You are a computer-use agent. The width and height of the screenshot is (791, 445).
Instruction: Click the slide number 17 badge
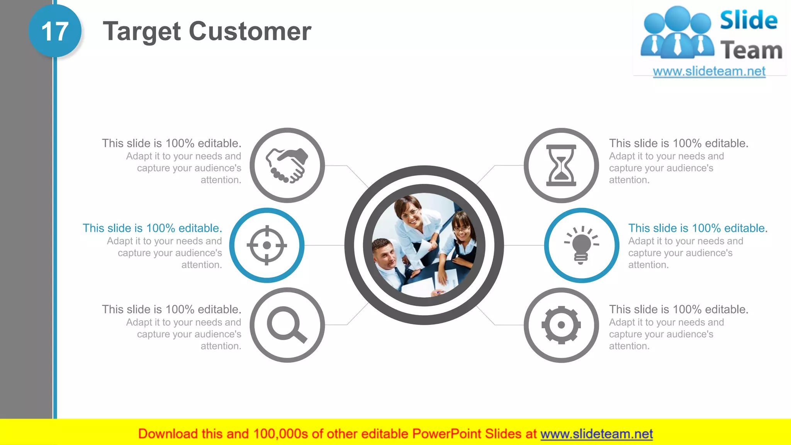55,31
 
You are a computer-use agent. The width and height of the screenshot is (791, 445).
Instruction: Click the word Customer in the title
250,31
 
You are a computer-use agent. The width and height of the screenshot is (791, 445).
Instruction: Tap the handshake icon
287,165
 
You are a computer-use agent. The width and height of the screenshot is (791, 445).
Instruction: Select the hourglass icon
561,165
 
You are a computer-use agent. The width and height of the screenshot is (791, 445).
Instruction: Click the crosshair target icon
266,245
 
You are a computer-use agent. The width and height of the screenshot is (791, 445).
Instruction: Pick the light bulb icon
581,245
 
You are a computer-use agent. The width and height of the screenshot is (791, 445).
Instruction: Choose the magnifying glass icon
287,325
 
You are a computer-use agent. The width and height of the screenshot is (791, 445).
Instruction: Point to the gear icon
561,325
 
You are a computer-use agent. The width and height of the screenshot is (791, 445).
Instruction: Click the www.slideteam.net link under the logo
709,71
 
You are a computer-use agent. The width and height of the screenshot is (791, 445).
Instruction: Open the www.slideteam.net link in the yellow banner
596,434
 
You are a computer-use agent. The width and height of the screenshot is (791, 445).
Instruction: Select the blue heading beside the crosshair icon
152,228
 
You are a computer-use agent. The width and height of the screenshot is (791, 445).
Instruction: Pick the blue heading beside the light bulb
698,228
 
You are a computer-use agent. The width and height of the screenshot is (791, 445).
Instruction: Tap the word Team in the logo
751,51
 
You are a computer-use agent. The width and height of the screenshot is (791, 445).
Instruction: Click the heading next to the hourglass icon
679,143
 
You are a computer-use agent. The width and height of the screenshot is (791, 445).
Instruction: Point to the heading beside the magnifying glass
171,309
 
